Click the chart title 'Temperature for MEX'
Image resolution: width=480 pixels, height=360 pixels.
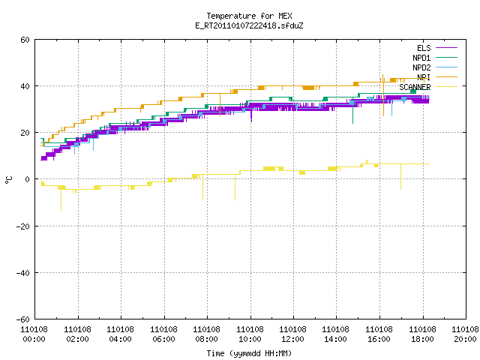(249, 16)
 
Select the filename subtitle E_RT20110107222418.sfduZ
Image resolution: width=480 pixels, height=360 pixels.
(249, 25)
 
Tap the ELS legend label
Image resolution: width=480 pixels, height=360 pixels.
(424, 48)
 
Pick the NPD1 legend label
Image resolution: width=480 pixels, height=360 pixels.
(421, 58)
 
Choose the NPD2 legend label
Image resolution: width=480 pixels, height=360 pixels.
(421, 67)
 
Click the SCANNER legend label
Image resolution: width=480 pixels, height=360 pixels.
(415, 87)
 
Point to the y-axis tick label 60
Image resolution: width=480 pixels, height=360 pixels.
(25, 40)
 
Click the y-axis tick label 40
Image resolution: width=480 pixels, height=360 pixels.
(25, 86)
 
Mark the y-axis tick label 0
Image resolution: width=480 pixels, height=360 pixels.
(27, 179)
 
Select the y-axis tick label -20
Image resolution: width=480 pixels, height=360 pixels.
(23, 226)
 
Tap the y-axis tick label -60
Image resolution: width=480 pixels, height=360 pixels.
(23, 319)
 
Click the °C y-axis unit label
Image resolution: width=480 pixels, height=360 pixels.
(8, 180)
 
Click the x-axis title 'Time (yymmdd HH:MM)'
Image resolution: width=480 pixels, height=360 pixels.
(249, 353)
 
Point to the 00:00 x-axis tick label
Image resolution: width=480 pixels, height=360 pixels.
(34, 339)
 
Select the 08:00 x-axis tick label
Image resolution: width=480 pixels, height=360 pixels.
(207, 339)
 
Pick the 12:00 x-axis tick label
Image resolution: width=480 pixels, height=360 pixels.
(293, 339)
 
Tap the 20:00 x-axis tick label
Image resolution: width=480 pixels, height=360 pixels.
(465, 339)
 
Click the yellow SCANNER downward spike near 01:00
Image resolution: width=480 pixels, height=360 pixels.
(61, 199)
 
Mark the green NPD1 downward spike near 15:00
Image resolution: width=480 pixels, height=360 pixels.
(353, 111)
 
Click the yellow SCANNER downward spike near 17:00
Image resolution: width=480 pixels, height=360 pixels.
(400, 177)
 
